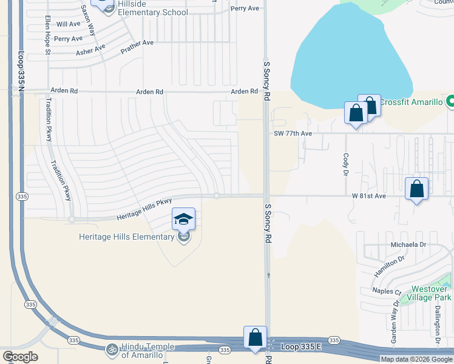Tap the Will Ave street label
click(x=68, y=24)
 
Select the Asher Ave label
click(x=90, y=49)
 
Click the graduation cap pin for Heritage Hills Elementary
click(x=184, y=220)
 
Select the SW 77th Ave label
click(x=293, y=133)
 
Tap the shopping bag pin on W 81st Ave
click(x=416, y=189)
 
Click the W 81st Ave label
click(x=369, y=196)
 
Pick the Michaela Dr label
click(x=411, y=244)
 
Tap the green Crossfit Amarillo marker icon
click(x=450, y=101)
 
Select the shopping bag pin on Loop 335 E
click(x=255, y=337)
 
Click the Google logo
click(x=19, y=357)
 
